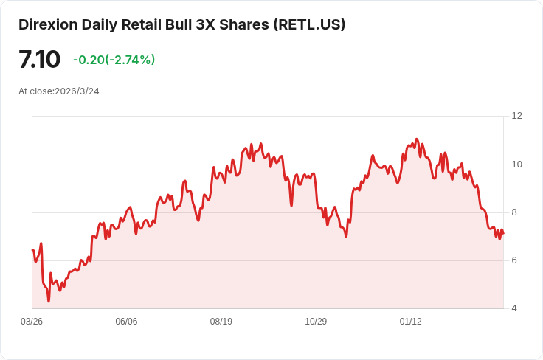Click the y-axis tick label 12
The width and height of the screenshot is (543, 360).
click(x=516, y=116)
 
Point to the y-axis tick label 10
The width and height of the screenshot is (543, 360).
click(x=516, y=164)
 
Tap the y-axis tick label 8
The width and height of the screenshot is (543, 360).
click(x=514, y=212)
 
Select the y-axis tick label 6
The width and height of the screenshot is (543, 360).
click(x=514, y=260)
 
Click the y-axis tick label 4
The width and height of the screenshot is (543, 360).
click(x=514, y=308)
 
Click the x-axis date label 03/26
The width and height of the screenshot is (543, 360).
click(x=32, y=322)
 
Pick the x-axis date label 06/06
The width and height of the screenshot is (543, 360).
click(x=127, y=322)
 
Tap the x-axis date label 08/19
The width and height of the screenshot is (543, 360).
click(x=221, y=322)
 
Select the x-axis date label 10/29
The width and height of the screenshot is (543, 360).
click(x=316, y=322)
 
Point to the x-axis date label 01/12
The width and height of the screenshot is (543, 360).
click(x=411, y=322)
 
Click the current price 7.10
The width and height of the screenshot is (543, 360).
click(x=39, y=60)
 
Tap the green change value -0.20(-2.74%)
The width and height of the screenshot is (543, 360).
click(x=114, y=60)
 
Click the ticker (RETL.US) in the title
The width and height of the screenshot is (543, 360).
click(x=309, y=24)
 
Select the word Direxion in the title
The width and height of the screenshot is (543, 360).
click(x=47, y=24)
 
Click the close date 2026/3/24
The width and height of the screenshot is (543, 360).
click(x=77, y=91)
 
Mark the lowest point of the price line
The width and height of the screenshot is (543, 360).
click(x=49, y=301)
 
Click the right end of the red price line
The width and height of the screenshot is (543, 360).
click(x=503, y=233)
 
